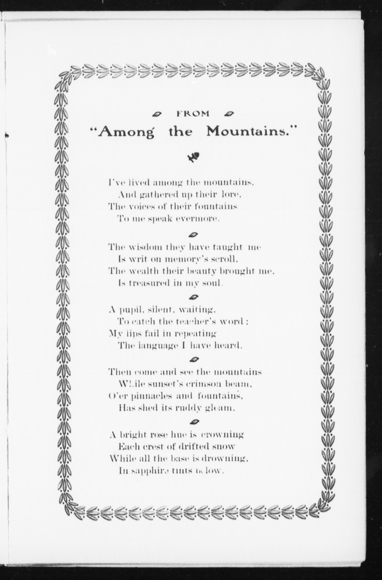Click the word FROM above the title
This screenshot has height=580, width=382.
pos(193,114)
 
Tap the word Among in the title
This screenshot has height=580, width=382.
pos(125,132)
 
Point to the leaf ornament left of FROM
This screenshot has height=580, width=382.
pos(157,114)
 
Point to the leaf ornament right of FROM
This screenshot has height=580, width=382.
pos(229,114)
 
